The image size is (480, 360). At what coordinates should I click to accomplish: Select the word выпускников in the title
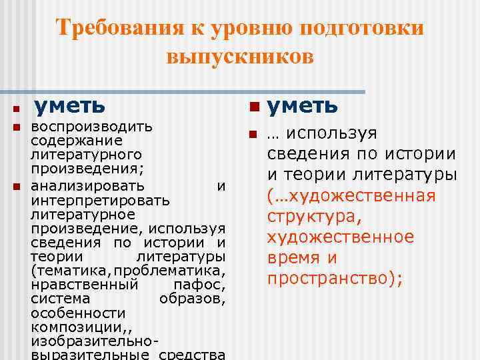click(x=240, y=57)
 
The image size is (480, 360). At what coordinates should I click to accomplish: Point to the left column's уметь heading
click(x=69, y=105)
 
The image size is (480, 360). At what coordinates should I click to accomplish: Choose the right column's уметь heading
click(x=303, y=105)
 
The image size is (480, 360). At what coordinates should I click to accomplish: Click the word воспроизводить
click(x=92, y=127)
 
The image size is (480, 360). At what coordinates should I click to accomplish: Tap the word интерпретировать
click(x=100, y=200)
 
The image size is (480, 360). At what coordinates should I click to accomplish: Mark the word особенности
click(x=78, y=313)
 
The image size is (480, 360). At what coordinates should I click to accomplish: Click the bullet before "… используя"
click(x=253, y=135)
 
